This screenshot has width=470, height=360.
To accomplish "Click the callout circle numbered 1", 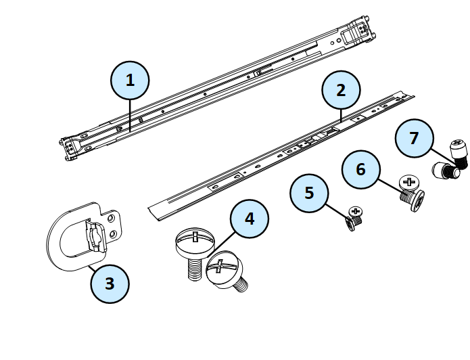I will click(130, 80).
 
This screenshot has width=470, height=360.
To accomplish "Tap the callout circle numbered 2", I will click(341, 90).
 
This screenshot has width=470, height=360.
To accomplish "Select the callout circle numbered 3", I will click(110, 284).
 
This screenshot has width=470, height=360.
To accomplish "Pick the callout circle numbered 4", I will click(250, 219).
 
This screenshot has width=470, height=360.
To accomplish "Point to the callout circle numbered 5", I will click(309, 193).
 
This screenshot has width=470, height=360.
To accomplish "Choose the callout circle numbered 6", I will click(360, 169).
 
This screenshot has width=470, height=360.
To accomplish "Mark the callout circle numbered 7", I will click(415, 138).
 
